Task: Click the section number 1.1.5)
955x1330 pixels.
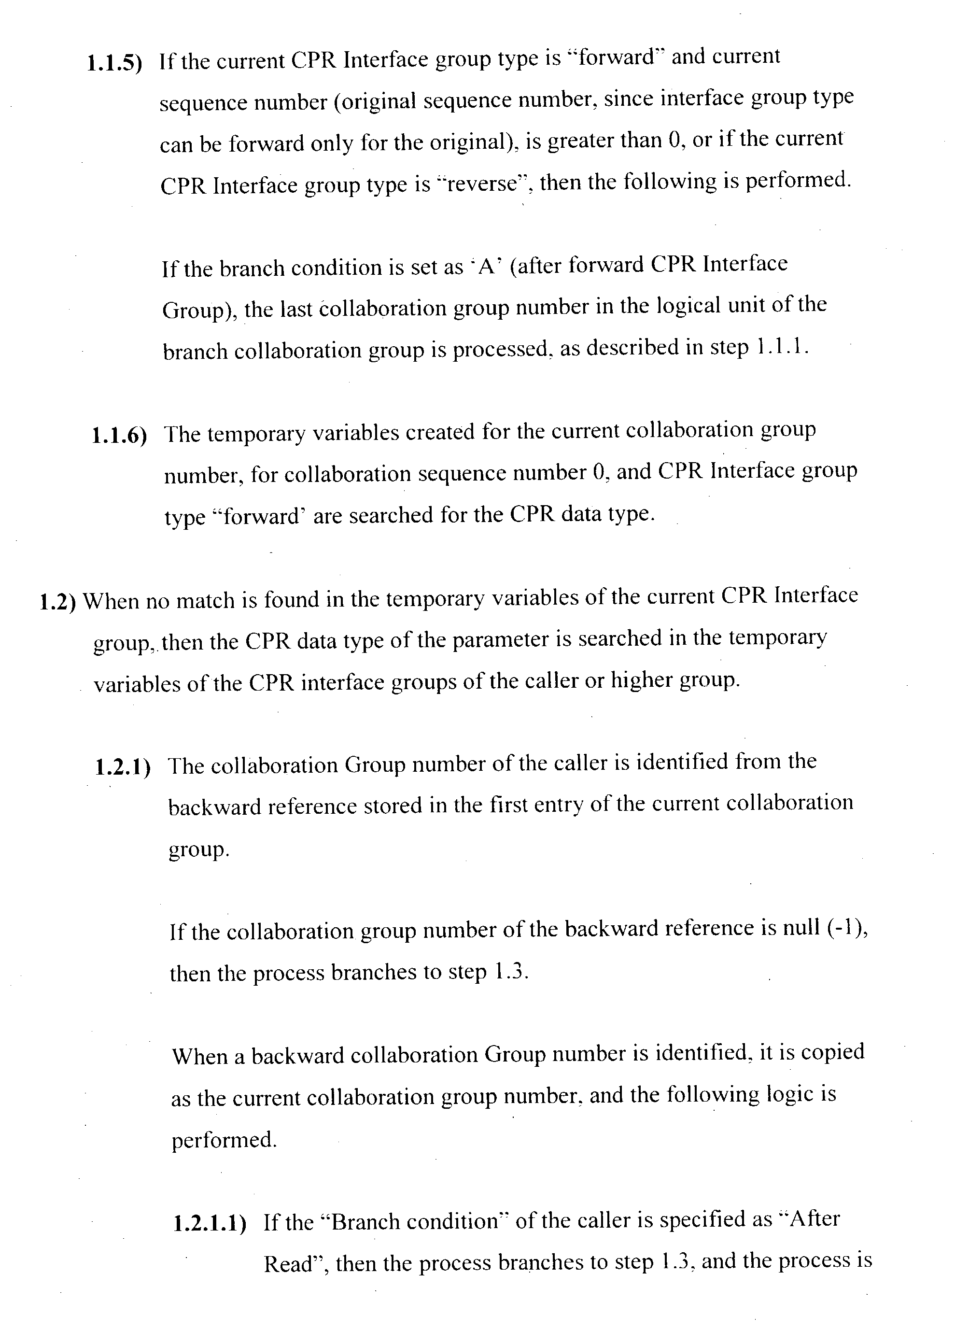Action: coord(114,63)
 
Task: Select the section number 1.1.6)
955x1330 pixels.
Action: coord(119,436)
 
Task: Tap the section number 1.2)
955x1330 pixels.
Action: coord(57,602)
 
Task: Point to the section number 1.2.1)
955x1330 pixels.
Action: coord(123,767)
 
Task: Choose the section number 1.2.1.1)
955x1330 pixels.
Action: coord(210,1224)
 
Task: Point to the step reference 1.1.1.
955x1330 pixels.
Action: coord(782,348)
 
